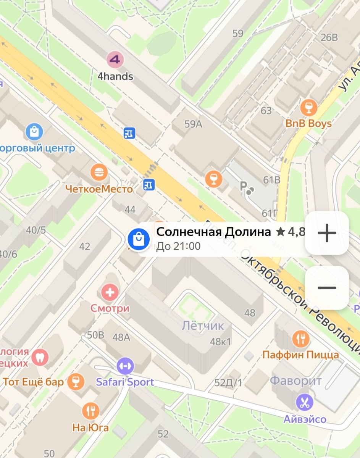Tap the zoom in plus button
point(327,233)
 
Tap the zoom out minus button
point(327,288)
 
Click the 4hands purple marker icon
point(115,60)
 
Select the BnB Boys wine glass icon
point(308,107)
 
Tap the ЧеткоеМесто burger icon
point(99,172)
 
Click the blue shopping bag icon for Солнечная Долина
point(138,239)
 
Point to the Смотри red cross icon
point(110,293)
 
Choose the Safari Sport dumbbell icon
point(125,366)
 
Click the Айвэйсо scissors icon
point(305,402)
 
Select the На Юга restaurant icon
point(90,411)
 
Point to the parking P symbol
point(243,186)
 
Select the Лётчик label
point(202,326)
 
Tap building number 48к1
point(221,342)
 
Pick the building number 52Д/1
point(228,382)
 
